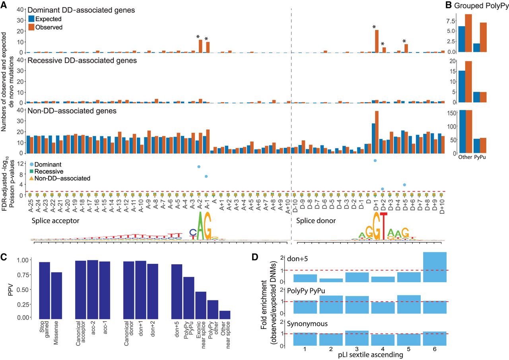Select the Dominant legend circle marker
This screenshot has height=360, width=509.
(31, 164)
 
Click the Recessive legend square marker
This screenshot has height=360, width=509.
(31, 171)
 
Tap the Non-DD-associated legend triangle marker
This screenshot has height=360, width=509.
(31, 178)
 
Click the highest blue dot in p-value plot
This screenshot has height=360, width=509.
(375, 161)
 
